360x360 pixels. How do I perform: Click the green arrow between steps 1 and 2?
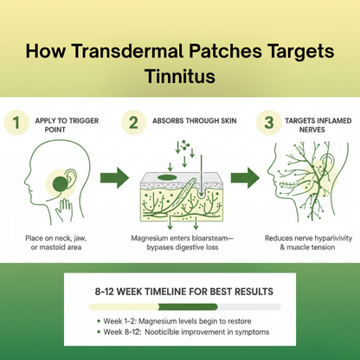tap(112, 179)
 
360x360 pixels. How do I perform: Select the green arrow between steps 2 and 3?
tap(243, 179)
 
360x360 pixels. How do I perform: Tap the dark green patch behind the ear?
tap(61, 183)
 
